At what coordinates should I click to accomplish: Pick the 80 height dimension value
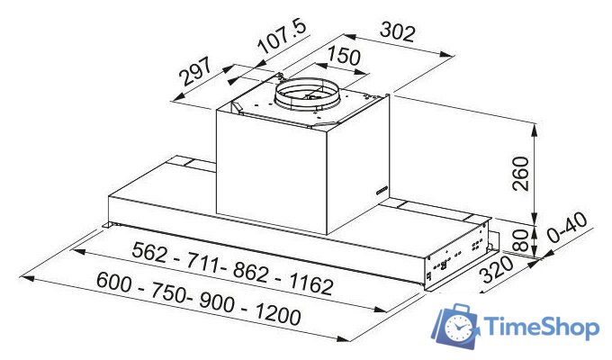pyautogui.click(x=519, y=239)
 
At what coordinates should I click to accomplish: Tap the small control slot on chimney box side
pyautogui.click(x=380, y=190)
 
